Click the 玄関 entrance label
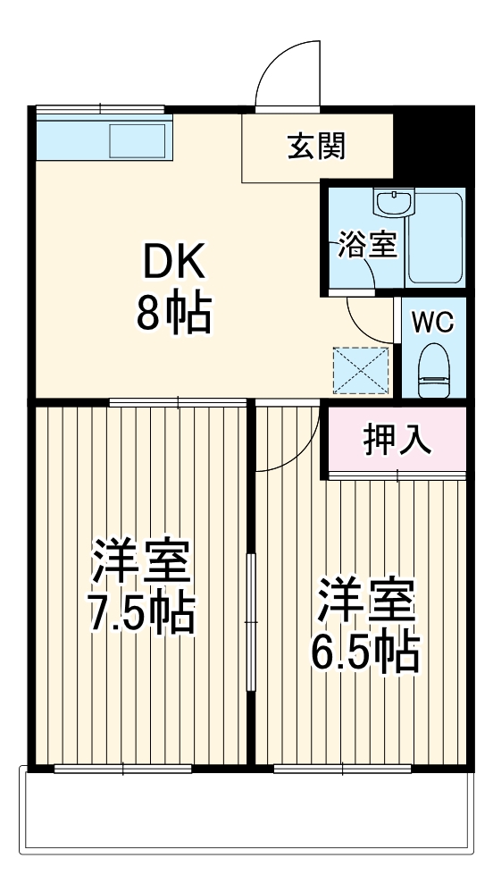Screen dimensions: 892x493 click(316, 146)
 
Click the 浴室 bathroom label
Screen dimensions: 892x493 click(367, 245)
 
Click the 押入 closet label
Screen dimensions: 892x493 click(397, 440)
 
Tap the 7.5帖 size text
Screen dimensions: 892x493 click(141, 613)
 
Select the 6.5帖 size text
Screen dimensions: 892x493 click(364, 652)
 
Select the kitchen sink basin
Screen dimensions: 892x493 click(138, 140)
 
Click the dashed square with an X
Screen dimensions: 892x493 click(361, 369)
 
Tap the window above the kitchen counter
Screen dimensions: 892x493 click(101, 110)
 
